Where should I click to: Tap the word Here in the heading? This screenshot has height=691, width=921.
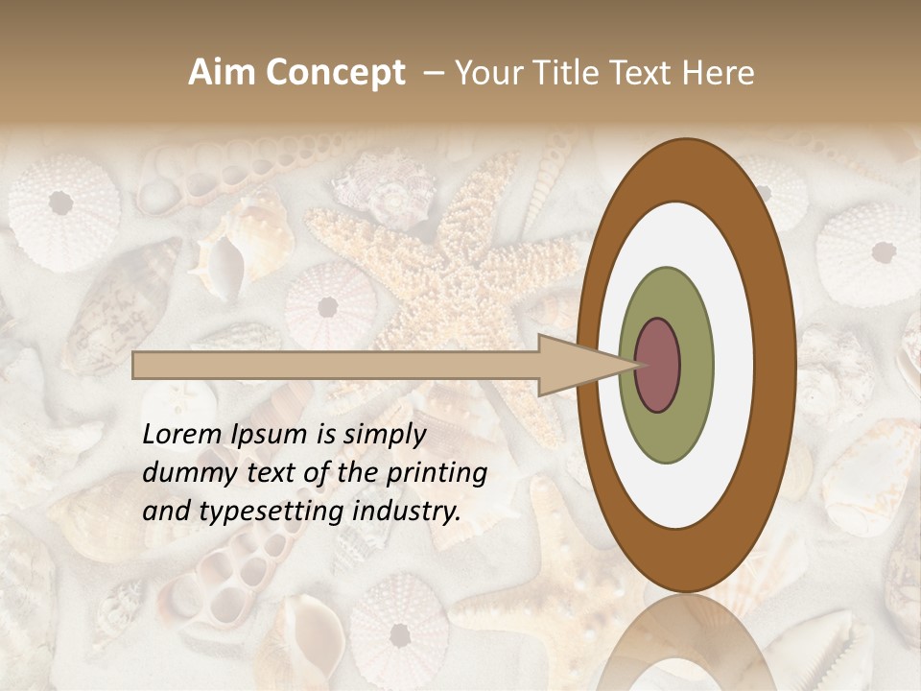tap(720, 73)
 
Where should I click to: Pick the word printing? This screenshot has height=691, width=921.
tap(434, 474)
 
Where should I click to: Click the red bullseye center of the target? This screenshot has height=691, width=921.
tap(658, 365)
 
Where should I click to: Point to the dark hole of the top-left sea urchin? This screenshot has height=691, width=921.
tap(61, 203)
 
